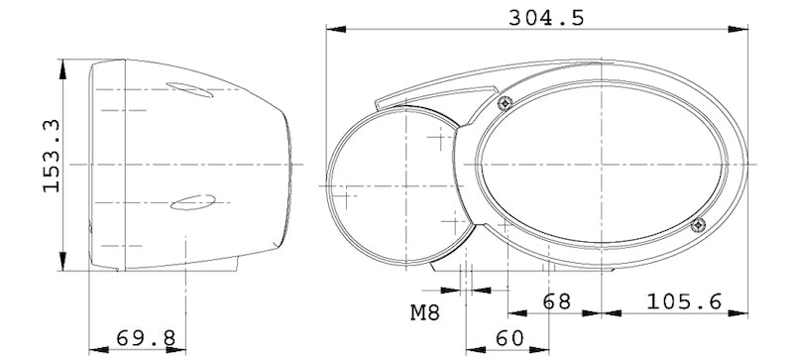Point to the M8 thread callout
424,313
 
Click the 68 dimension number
557,300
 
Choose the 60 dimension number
510,338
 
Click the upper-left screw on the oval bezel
506,102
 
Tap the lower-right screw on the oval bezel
697,225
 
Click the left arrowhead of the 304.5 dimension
329,30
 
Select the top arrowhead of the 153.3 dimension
65,64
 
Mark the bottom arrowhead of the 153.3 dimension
65,268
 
